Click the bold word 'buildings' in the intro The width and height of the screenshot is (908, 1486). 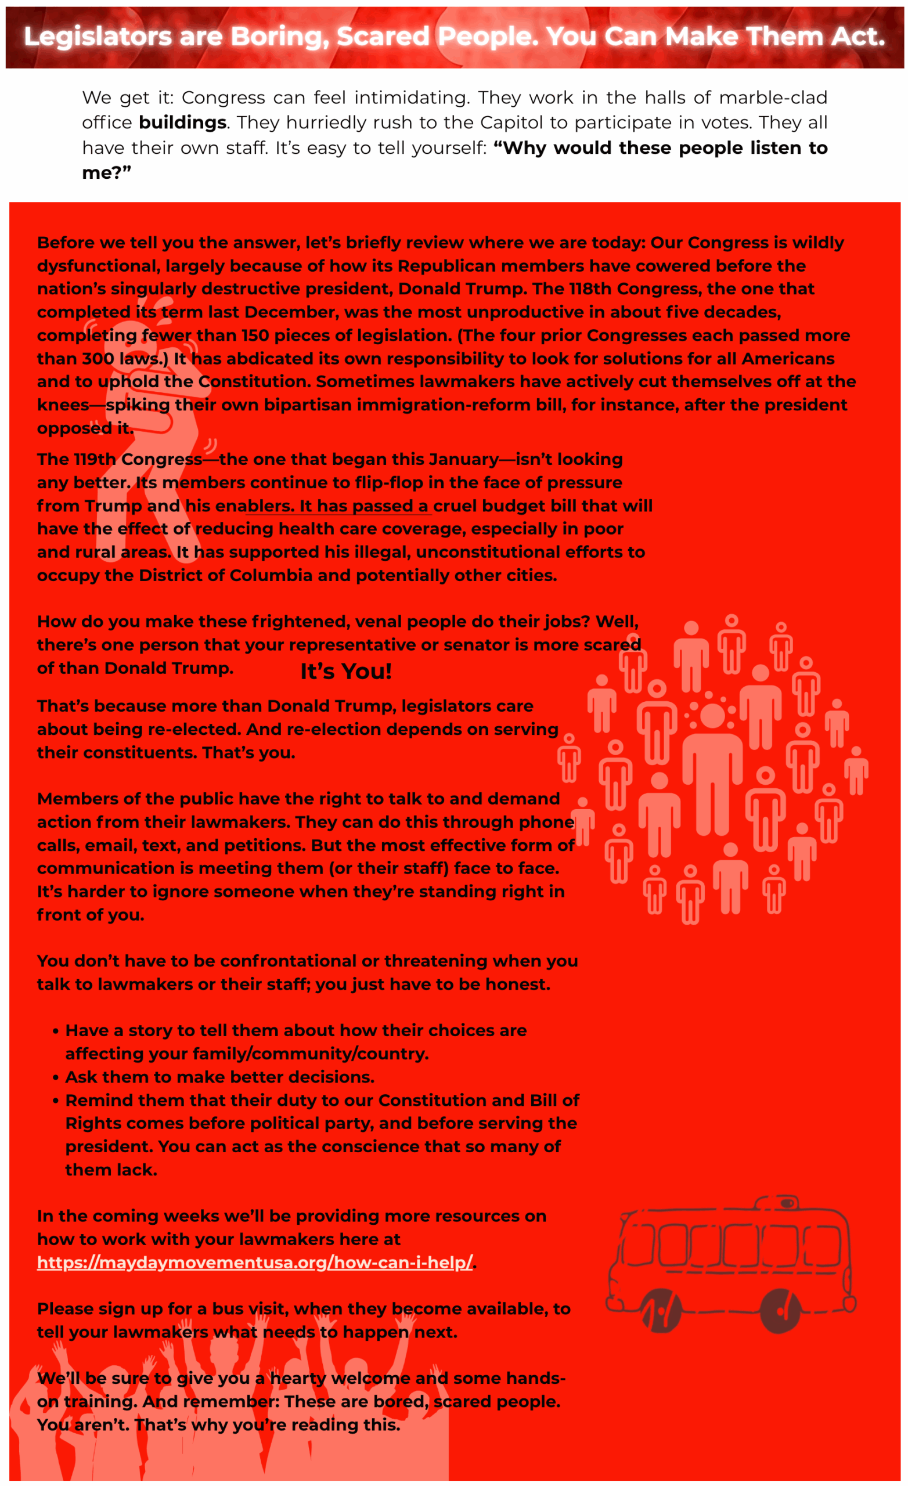tap(182, 122)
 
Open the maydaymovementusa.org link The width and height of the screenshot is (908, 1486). tap(255, 1263)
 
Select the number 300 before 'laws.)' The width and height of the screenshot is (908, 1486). tap(98, 359)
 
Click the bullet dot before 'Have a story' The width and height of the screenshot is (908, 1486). tap(56, 1031)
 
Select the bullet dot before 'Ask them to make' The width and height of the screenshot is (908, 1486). tap(56, 1078)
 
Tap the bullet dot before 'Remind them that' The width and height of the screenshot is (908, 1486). tap(56, 1101)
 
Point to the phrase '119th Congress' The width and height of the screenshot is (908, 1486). tap(120, 460)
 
